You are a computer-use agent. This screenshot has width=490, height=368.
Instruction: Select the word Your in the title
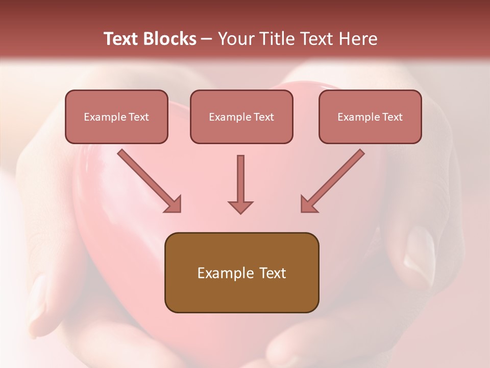236,39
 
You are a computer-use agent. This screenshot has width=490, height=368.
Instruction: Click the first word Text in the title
122,39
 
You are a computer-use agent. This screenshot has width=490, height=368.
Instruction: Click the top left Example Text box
116,117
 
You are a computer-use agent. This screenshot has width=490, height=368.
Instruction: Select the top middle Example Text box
241,117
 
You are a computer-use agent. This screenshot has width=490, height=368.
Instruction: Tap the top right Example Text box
370,117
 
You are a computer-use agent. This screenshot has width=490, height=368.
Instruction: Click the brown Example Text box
241,273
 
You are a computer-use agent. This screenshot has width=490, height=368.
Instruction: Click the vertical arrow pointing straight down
240,181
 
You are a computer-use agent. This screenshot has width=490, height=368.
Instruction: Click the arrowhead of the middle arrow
240,207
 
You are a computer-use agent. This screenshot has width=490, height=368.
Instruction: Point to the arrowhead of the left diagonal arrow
174,204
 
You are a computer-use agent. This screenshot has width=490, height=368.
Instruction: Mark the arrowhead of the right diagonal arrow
308,204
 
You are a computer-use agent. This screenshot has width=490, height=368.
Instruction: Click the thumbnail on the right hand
420,250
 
